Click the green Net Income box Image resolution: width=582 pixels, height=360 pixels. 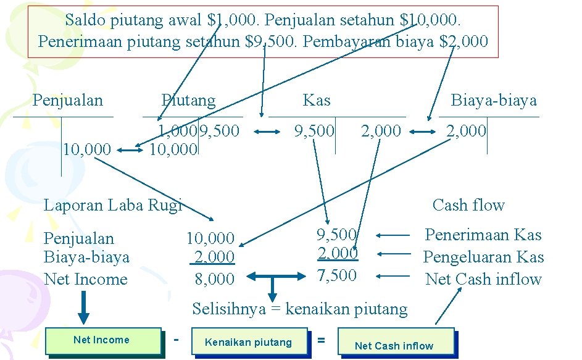point(104,340)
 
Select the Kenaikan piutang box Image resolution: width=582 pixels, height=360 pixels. point(248,341)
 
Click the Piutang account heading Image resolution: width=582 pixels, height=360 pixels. point(188,100)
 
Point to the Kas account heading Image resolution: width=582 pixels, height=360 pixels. point(317,100)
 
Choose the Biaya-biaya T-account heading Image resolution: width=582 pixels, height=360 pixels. point(494,100)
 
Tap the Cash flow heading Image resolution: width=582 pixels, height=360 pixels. point(468,205)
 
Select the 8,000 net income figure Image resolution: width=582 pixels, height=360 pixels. point(215,279)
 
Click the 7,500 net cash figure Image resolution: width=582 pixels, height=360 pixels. point(337,275)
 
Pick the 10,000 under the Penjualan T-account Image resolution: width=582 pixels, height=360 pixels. point(87,149)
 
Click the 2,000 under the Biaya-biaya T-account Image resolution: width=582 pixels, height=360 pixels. point(467,131)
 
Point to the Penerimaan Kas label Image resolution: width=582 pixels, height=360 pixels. point(483,235)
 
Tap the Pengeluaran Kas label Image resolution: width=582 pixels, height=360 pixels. point(483,257)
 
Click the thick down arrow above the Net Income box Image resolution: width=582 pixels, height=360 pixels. point(84,306)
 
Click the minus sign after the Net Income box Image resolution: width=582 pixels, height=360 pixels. point(177,339)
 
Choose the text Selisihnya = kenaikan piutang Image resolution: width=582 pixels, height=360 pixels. point(300,309)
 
